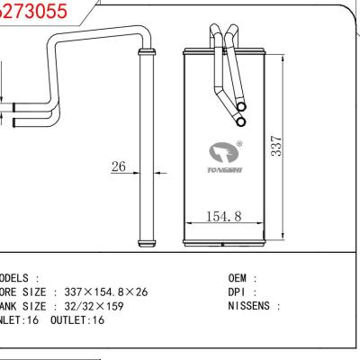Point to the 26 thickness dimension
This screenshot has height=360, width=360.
(x=118, y=166)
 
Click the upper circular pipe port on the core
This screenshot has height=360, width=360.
(x=240, y=105)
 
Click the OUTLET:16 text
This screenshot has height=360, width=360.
(x=80, y=320)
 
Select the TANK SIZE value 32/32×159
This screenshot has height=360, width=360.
(x=97, y=306)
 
